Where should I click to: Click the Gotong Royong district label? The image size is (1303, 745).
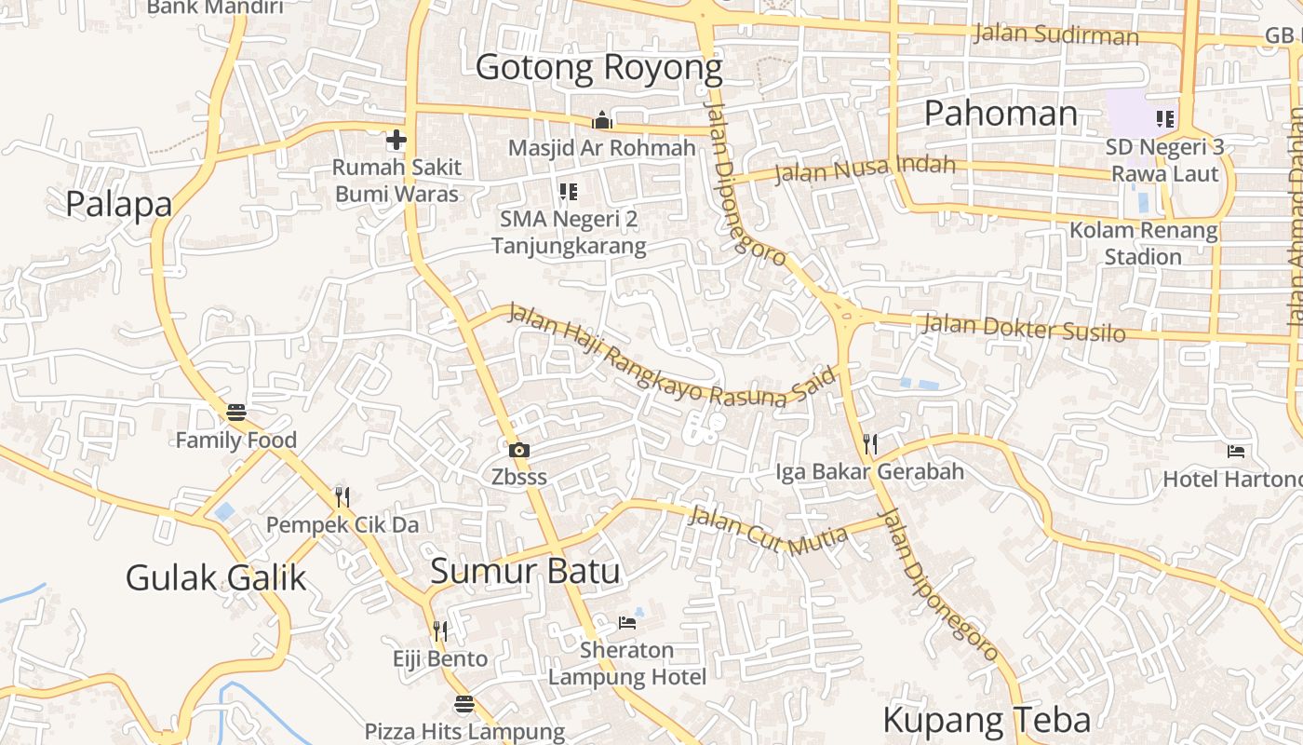click(x=598, y=68)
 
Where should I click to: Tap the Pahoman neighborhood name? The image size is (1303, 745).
click(x=1001, y=114)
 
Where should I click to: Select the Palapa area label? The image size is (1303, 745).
click(x=119, y=204)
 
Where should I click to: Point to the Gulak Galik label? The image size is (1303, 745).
click(x=215, y=577)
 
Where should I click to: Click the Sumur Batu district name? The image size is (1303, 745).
click(x=525, y=571)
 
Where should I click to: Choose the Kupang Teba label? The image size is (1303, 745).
click(x=987, y=720)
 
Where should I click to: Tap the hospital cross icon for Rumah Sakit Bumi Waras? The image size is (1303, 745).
click(x=396, y=141)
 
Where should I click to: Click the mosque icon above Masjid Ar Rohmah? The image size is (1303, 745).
click(x=602, y=121)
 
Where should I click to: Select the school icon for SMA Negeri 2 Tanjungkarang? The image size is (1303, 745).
click(x=568, y=192)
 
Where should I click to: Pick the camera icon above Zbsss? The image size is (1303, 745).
click(x=519, y=451)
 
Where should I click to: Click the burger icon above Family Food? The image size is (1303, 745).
click(x=236, y=413)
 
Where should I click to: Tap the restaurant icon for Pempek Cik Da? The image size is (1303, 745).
click(x=343, y=497)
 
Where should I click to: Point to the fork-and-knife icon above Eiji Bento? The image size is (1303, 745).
click(x=440, y=631)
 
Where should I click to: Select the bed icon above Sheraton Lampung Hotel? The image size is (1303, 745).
click(x=627, y=622)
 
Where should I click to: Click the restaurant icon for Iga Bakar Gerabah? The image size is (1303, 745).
click(x=870, y=444)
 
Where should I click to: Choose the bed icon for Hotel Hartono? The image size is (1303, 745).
click(x=1236, y=452)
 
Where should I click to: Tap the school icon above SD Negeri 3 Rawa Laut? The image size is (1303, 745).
click(x=1164, y=119)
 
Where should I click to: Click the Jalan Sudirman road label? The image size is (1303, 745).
click(x=1055, y=35)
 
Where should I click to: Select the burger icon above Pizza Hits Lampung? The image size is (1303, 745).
click(x=464, y=704)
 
